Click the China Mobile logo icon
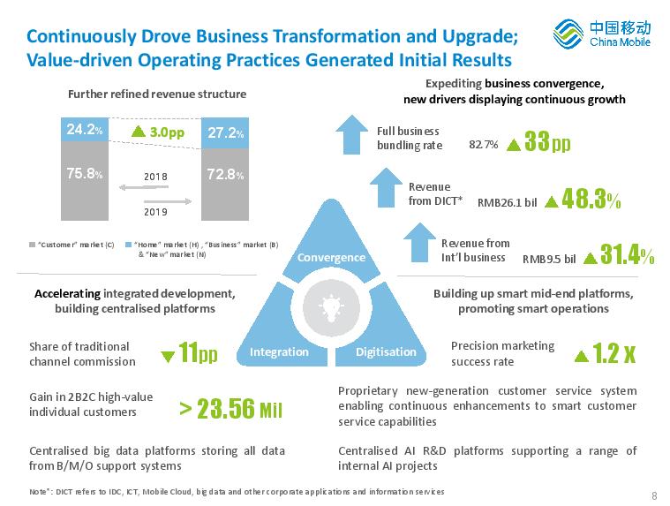pos(568,34)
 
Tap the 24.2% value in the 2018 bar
pos(85,129)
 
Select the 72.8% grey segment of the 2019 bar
pos(225,185)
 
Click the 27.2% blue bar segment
pos(225,133)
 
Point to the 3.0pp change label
pos(158,132)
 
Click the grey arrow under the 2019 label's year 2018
pos(144,187)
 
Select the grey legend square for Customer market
pos(32,245)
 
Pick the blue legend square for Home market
pos(128,245)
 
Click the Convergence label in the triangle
pos(331,258)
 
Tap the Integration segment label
pos(279,351)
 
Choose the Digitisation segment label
pos(386,351)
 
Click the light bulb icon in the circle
pos(331,307)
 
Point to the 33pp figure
pos(547,141)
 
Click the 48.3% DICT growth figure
pos(591,199)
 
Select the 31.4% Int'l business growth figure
pos(627,254)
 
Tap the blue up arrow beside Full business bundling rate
pos(351,134)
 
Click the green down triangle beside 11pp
pos(168,356)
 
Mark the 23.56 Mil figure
pos(231,409)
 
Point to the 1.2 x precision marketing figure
pos(614,353)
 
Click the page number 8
pos(654,495)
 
